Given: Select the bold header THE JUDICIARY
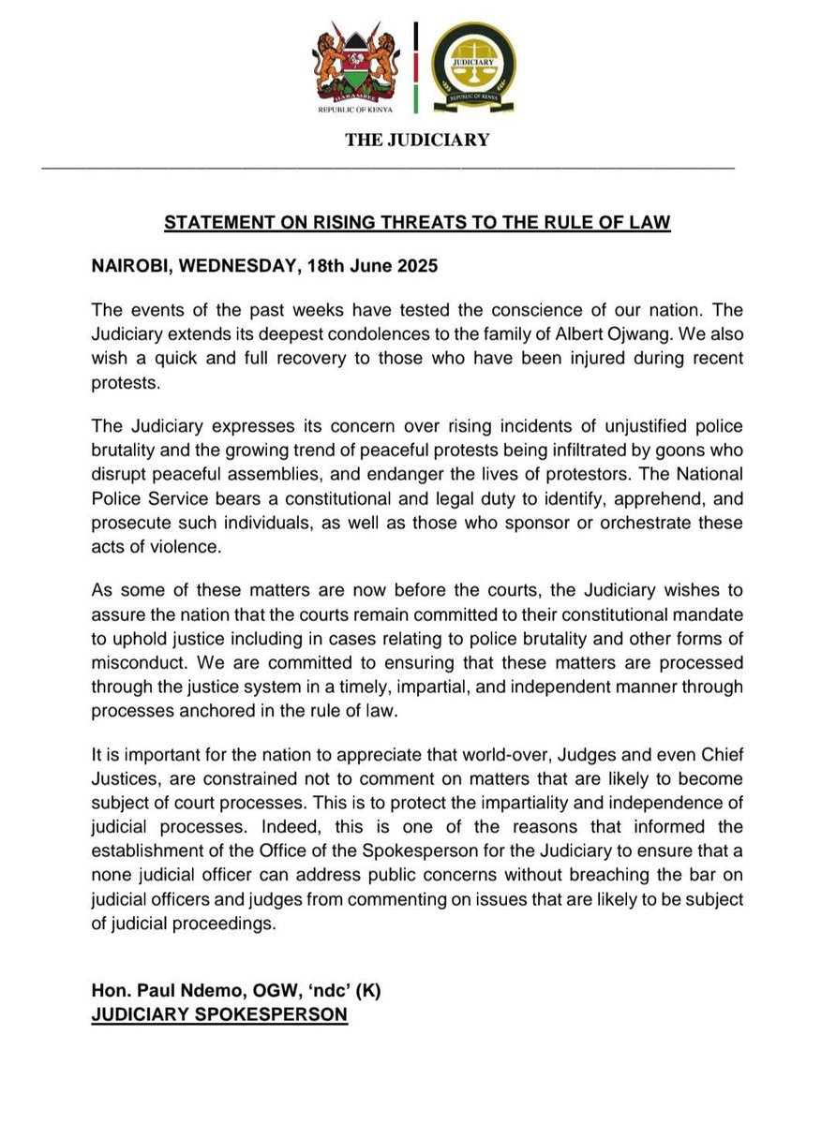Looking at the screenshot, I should pyautogui.click(x=417, y=140).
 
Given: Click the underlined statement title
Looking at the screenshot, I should pyautogui.click(x=417, y=224).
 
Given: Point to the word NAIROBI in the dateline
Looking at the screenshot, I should pyautogui.click(x=132, y=265).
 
